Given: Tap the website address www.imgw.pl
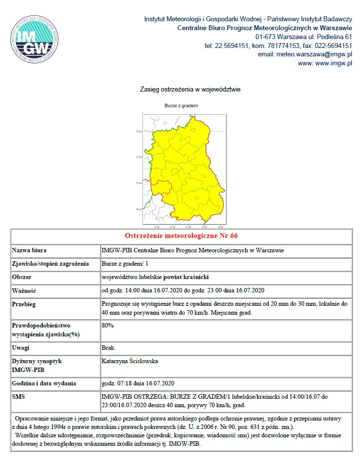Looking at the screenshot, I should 325,63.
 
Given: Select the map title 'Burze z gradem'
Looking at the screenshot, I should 181,105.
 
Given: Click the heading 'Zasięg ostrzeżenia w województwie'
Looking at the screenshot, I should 190,90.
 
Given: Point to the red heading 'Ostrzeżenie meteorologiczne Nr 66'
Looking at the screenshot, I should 183,235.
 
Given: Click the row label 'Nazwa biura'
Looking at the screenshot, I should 29,250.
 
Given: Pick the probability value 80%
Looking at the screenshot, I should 108,326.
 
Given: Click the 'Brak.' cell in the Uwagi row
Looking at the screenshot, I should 108,348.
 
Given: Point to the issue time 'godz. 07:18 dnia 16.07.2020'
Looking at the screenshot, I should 137,383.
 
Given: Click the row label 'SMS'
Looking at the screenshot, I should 18,397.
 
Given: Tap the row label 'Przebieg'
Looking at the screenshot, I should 24,304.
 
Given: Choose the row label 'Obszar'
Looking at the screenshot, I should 22,277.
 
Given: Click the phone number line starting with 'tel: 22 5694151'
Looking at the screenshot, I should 278,46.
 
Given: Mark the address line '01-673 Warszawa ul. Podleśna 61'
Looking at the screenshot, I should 303,37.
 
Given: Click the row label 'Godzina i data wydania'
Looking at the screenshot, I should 44,383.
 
